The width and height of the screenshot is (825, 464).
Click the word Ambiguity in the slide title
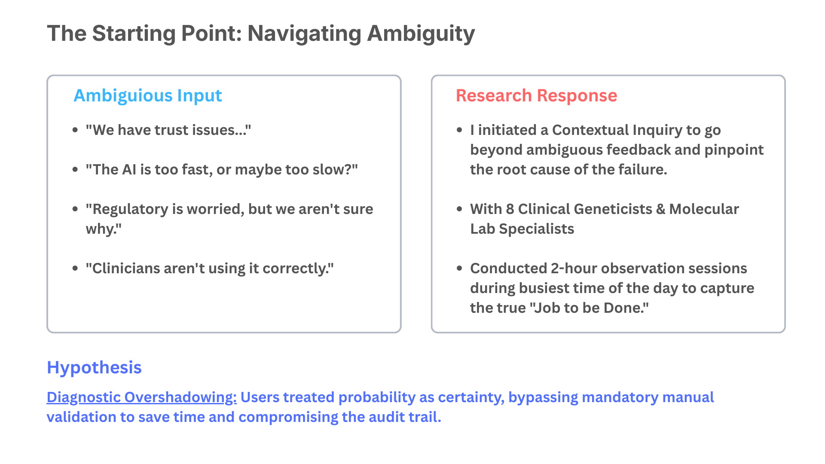pyautogui.click(x=421, y=34)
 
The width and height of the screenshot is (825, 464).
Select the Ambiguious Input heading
pyautogui.click(x=148, y=95)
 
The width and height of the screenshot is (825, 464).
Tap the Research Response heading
pyautogui.click(x=536, y=95)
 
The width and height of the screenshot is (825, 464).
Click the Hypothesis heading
pyautogui.click(x=94, y=367)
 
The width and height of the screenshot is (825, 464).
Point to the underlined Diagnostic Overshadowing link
pyautogui.click(x=141, y=397)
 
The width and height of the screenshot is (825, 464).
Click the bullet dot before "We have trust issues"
pyautogui.click(x=75, y=130)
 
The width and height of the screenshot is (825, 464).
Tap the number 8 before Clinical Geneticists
pyautogui.click(x=510, y=209)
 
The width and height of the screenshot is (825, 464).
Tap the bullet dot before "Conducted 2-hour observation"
pyautogui.click(x=459, y=269)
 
